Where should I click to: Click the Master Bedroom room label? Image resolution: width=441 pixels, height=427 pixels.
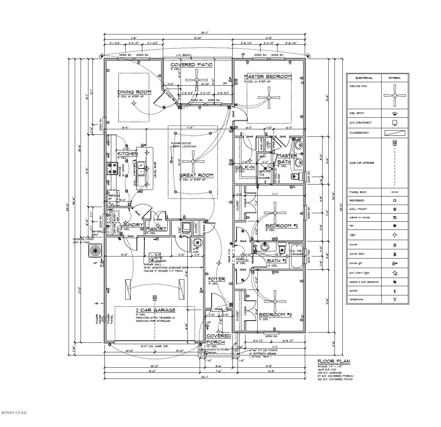(268, 76)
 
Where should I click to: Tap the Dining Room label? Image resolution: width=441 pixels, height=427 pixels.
(134, 92)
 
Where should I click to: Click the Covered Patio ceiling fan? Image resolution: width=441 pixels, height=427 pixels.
(196, 80)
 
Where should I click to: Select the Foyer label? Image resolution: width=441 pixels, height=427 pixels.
(217, 279)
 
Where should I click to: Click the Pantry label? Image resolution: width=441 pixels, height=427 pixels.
(156, 229)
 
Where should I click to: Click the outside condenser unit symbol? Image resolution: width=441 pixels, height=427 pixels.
(95, 251)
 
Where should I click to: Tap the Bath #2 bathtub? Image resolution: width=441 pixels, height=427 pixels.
(297, 254)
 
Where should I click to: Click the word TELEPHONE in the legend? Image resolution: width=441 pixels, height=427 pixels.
(356, 299)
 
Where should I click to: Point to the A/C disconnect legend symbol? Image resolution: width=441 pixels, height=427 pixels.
(394, 122)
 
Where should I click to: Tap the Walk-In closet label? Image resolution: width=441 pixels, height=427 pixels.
(245, 167)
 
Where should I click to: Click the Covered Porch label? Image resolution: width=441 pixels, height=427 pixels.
(218, 339)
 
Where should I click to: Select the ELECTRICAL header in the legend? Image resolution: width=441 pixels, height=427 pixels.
(364, 78)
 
